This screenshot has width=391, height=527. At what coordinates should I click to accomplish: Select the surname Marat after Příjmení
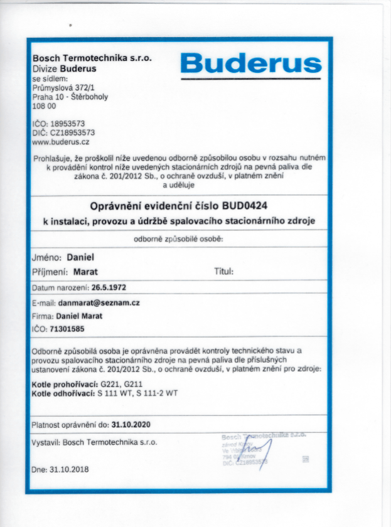pos(85,272)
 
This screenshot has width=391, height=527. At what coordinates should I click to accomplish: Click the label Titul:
pos(224,272)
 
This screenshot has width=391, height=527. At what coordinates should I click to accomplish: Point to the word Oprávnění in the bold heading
pos(117,205)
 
